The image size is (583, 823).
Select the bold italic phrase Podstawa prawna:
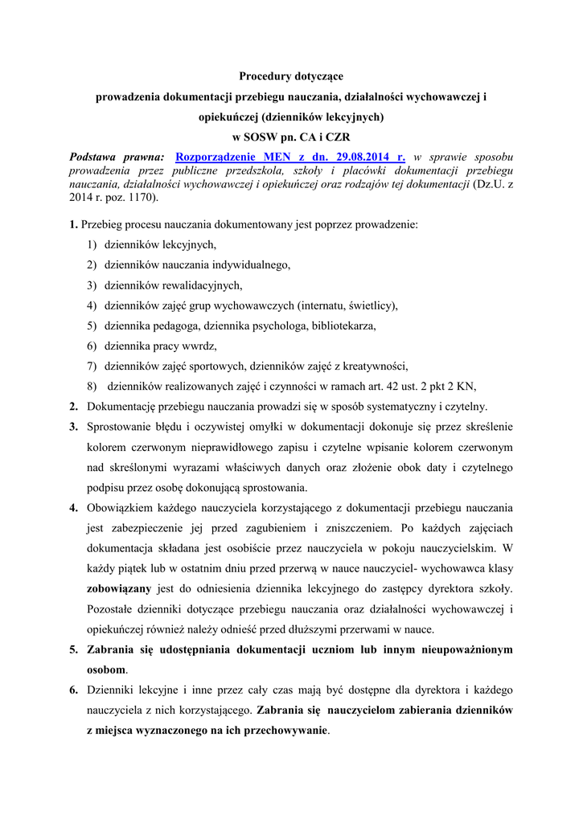(x=117, y=157)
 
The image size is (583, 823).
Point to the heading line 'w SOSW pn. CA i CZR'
(x=291, y=137)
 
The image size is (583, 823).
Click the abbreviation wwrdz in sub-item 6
(x=201, y=346)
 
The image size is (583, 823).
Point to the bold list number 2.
(x=73, y=407)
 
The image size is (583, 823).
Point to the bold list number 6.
(x=73, y=690)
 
